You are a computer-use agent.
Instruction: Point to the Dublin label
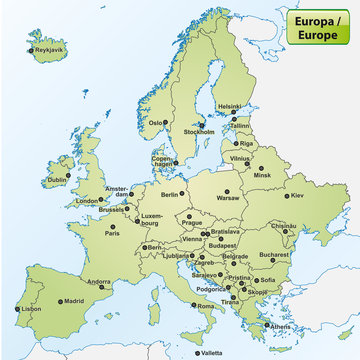point(58,182)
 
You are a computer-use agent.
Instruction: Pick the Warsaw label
point(230,198)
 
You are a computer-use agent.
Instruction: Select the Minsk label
point(263,175)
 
